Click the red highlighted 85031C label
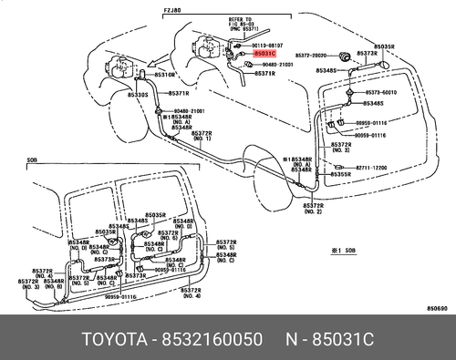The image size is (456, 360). pos(253,56)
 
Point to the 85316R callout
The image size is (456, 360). pos(164,75)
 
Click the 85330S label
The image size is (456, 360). pos(139,94)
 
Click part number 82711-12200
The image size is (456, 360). pos(371,167)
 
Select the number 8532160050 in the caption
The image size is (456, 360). pos(211,338)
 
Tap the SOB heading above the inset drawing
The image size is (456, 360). pos(32,159)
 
